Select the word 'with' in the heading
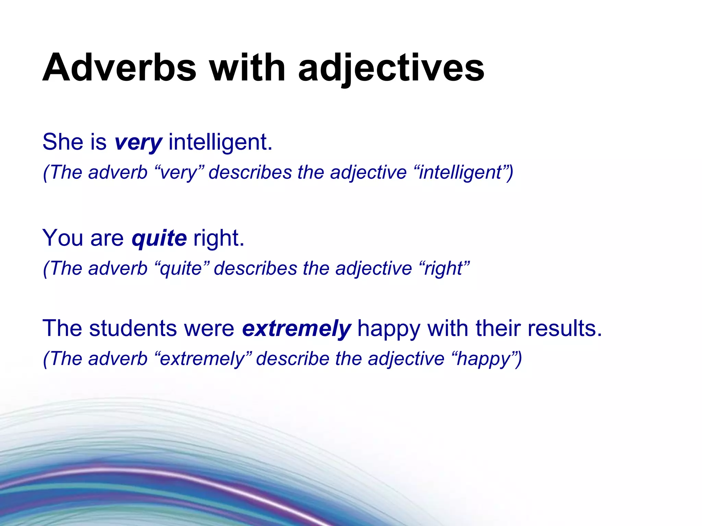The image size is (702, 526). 247,67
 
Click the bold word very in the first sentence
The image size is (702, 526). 138,142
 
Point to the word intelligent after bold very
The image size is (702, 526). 220,142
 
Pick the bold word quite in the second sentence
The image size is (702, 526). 159,238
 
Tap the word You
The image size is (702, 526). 62,238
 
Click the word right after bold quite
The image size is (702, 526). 218,238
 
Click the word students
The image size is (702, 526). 133,328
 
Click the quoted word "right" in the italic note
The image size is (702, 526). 444,268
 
